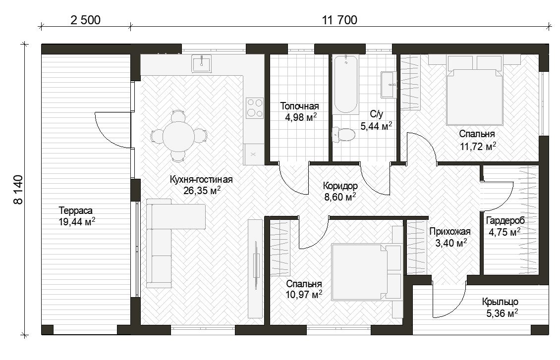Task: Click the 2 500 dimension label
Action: [85, 20]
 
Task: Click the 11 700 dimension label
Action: [339, 20]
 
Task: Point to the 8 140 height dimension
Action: [18, 190]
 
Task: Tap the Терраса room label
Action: [76, 210]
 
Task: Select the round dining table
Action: [178, 136]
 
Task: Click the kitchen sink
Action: [201, 63]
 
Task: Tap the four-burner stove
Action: [255, 108]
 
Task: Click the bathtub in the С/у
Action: [345, 84]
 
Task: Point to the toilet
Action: [343, 135]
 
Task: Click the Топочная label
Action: [299, 106]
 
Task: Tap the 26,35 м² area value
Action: [202, 191]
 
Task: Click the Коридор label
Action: [340, 186]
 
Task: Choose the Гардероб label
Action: [505, 221]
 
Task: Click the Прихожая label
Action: [449, 232]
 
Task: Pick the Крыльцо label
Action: [500, 302]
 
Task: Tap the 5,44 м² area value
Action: [376, 126]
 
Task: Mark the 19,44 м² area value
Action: [77, 222]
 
